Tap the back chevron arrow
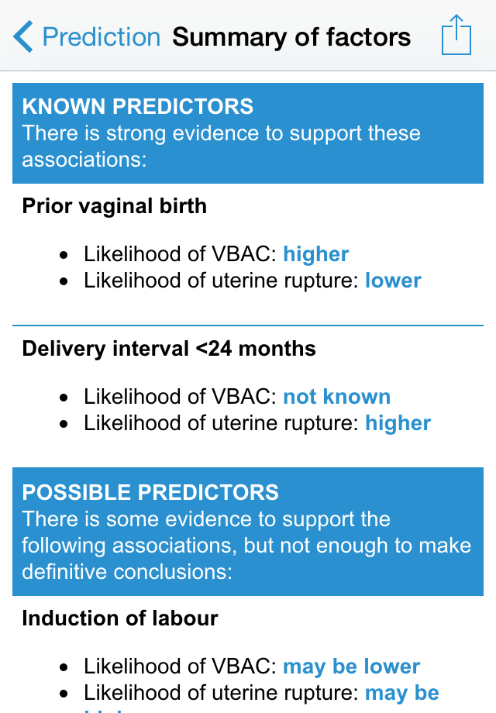22,36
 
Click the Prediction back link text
102,37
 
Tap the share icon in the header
456,35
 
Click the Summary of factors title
291,37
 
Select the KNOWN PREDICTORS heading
138,106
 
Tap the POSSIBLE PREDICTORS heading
150,492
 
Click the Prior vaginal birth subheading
115,206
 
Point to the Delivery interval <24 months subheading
169,349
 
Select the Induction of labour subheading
120,618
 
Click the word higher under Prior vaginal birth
316,253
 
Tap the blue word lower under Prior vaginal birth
393,280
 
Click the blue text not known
337,397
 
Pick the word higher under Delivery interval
398,423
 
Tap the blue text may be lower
351,666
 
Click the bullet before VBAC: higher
64,255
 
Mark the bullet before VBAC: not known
64,398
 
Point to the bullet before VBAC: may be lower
64,667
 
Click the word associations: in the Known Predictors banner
84,159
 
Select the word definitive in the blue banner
64,572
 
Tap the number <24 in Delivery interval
214,349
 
